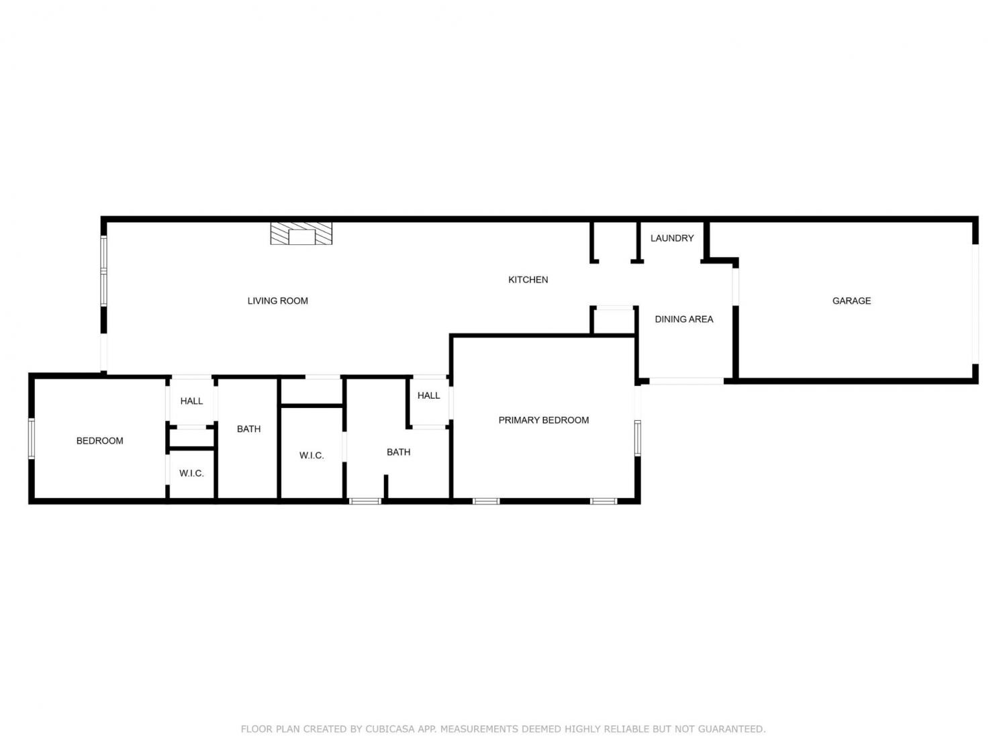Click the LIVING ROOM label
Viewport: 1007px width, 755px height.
coord(277,301)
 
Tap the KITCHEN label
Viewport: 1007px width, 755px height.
coord(528,280)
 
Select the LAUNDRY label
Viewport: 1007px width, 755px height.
coord(672,238)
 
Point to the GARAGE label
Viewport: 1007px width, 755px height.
coord(851,301)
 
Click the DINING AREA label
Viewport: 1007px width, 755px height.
coord(684,319)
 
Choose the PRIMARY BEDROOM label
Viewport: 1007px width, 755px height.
coord(544,420)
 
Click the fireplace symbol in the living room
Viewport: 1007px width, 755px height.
coord(301,234)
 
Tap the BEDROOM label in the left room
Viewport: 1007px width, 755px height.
coord(99,440)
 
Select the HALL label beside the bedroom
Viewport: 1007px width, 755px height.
coord(191,401)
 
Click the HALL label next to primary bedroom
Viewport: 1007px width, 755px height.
coord(428,395)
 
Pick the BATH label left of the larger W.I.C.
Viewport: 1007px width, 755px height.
coord(248,429)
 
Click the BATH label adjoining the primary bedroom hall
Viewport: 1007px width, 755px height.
coord(398,452)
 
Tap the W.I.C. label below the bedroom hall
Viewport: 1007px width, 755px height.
coord(191,473)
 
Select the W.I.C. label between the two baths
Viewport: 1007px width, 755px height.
coord(311,455)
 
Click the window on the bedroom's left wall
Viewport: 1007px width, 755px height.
coord(32,438)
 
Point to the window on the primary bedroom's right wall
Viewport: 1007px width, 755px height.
coord(638,438)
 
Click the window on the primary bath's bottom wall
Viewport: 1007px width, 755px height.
coord(365,501)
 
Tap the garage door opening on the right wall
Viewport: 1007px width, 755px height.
coord(975,305)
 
